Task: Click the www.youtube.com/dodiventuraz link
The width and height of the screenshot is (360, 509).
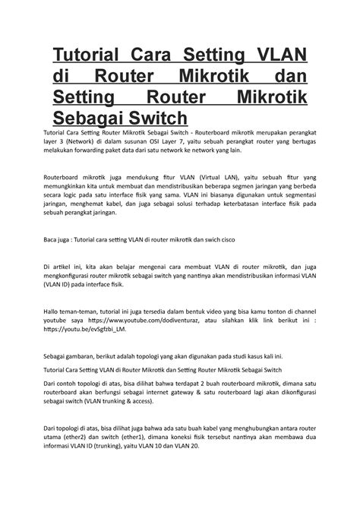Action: pyautogui.click(x=152, y=321)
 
